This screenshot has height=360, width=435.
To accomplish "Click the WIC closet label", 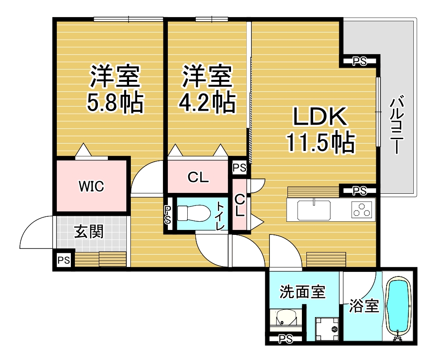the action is point(91,186).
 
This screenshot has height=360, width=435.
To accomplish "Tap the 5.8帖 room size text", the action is point(116,102).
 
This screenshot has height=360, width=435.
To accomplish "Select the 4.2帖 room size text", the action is point(207,102).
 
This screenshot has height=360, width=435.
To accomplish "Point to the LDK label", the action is point(320,117).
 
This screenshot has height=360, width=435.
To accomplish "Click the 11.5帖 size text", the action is point(321,142).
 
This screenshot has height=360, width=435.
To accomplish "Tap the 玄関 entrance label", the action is point(89,232).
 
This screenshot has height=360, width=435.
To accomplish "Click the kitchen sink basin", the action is point(314,210).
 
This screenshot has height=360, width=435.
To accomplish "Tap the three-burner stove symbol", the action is point(361,210).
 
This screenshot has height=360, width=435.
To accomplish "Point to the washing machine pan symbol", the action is point(327,329).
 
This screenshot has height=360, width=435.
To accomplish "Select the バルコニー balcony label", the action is point(397,125).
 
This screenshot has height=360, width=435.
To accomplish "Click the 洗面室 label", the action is point(302,292).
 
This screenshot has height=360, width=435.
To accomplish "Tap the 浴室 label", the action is point(364,305).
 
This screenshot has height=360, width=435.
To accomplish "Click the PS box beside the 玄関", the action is point(64,260).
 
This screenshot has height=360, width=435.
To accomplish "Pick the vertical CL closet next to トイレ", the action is point(239,205).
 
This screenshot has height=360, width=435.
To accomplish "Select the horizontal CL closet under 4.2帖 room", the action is point(198,177).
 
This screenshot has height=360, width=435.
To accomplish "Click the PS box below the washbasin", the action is point(285,339).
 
